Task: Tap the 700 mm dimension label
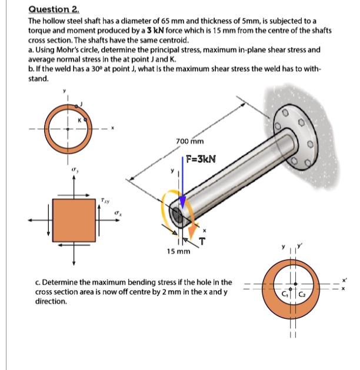point(189,141)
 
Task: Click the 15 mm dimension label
point(178,251)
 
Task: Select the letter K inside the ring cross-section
point(78,119)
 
